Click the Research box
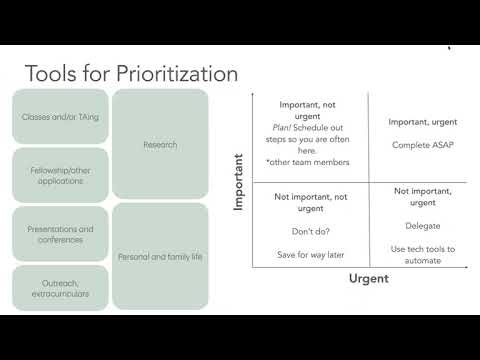coord(160,145)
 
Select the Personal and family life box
coord(160,257)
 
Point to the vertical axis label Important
coord(239,181)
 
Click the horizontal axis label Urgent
coord(368,279)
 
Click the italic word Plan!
coord(282,128)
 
